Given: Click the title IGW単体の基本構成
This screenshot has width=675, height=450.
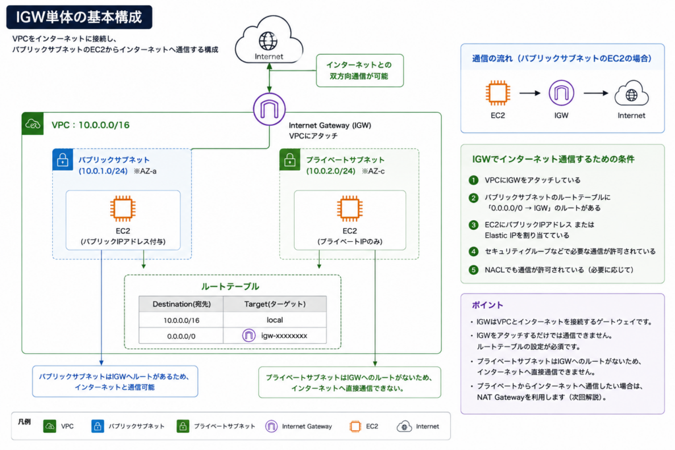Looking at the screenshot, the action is tap(79, 17).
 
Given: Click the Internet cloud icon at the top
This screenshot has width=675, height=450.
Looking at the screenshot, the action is tap(269, 40).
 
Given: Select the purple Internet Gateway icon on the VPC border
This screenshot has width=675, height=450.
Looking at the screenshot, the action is tap(269, 109).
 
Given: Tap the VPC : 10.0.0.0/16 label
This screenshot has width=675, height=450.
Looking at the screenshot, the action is tap(90, 125).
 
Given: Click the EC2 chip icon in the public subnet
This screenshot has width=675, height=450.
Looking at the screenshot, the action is tap(123, 209).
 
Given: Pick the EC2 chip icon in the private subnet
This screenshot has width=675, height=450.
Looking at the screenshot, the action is tap(349, 209).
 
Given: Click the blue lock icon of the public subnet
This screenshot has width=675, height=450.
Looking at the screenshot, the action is tap(63, 159).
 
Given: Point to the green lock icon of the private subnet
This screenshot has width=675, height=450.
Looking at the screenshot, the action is tap(290, 159).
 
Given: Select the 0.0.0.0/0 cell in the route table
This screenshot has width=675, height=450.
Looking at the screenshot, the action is tap(181, 336).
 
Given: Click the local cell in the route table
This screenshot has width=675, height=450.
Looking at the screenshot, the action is tap(275, 320).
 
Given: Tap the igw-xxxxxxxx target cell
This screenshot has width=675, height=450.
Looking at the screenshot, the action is tap(275, 335).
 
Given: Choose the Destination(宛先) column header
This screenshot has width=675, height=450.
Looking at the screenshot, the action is tap(181, 304).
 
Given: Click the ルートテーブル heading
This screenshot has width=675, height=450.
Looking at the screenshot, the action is tap(230, 287).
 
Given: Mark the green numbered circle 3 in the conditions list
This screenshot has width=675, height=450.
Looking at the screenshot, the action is tap(473, 225).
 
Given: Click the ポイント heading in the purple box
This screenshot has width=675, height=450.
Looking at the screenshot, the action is tap(487, 305).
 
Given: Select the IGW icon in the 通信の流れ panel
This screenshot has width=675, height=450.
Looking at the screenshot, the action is tap(562, 93).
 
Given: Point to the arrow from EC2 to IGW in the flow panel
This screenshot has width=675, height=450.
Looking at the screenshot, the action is tap(529, 93).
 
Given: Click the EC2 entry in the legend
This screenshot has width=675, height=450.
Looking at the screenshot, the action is tap(364, 426).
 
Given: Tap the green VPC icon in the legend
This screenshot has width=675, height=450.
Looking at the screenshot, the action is tap(50, 426).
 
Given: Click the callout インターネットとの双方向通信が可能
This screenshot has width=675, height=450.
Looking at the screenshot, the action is tap(360, 70).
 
